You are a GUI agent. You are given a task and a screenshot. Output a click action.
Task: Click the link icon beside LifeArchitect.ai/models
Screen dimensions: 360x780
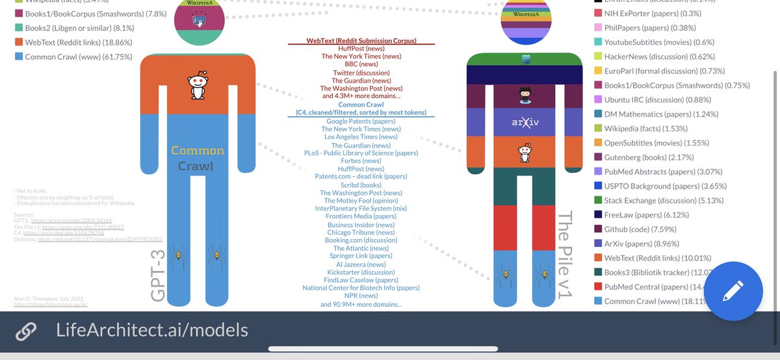coord(27,330)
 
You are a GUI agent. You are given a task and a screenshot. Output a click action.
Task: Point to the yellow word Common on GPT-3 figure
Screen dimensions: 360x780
coord(198,151)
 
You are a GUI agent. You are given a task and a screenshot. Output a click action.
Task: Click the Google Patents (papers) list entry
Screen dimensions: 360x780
coord(361,121)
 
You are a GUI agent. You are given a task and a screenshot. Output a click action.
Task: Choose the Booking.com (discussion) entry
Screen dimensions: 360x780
coord(361,240)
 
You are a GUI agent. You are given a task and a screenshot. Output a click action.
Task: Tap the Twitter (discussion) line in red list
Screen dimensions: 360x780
coord(361,72)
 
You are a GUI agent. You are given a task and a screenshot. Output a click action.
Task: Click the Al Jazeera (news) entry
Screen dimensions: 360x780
coord(361,264)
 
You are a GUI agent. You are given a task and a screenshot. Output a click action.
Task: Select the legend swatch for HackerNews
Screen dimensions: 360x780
coord(597,57)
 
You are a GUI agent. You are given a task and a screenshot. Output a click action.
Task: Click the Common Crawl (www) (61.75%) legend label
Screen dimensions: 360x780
coord(79,57)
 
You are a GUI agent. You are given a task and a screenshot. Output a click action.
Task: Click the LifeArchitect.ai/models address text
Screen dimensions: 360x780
coord(151,330)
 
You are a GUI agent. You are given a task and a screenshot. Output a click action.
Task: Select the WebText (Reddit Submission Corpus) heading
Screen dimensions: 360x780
coord(361,41)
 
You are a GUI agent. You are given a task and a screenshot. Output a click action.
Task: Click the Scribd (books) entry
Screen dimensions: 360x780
coord(361,185)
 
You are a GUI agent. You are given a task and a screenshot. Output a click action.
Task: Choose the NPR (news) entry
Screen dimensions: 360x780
coord(361,296)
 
